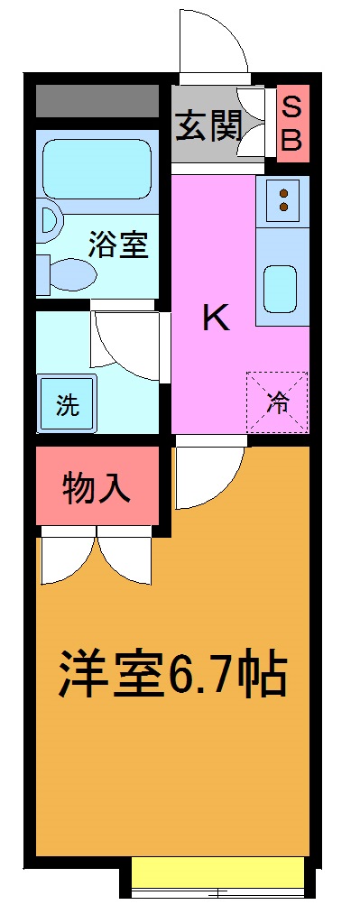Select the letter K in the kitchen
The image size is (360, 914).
coord(215,318)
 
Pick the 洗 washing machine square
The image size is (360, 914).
coord(68,405)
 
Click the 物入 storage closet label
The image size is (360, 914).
coord(97,488)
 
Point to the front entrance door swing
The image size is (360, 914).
coord(213,41)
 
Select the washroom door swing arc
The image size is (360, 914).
coord(126,343)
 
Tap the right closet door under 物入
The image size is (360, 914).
coord(125,559)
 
